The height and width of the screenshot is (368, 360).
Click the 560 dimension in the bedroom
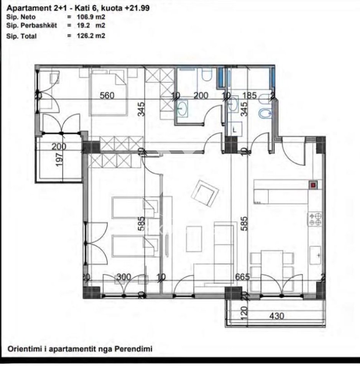point(107,96)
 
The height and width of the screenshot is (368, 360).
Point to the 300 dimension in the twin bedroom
point(124,277)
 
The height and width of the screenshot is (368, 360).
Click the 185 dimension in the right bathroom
point(249,96)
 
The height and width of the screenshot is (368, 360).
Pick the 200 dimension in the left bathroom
point(201,96)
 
